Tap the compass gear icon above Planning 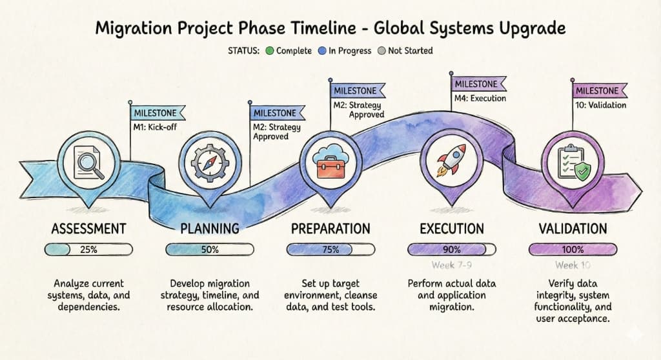click(x=209, y=161)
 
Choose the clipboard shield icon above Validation click(x=572, y=161)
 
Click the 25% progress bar click(x=88, y=250)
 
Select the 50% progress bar click(x=209, y=250)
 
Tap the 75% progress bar click(x=330, y=250)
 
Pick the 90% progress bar click(x=451, y=250)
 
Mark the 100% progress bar click(x=572, y=250)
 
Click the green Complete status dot click(x=270, y=50)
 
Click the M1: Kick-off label click(x=155, y=126)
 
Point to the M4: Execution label click(x=480, y=98)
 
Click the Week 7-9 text click(x=451, y=265)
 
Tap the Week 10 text click(x=572, y=265)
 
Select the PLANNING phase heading click(x=209, y=228)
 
